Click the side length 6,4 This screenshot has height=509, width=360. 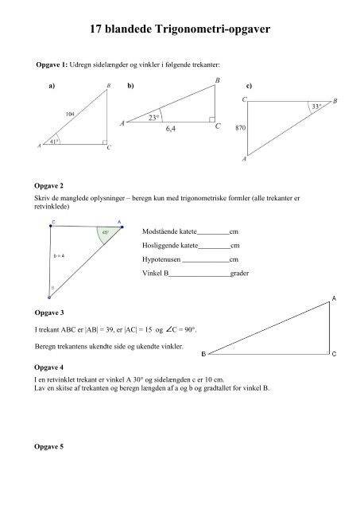(x=171, y=126)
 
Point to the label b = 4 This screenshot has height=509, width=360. (x=60, y=256)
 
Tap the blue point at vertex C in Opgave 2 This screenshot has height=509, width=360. (x=51, y=227)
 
